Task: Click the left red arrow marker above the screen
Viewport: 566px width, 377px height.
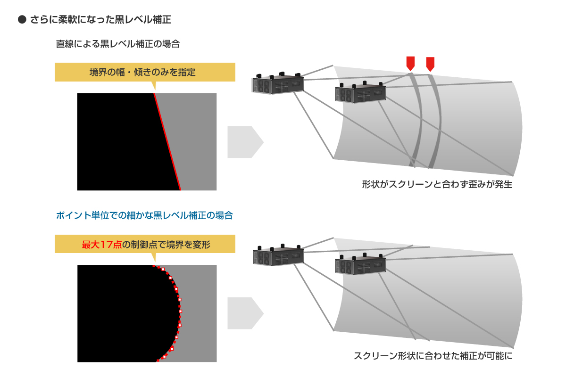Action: coord(410,63)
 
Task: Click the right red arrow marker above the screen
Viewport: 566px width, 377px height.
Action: coord(430,63)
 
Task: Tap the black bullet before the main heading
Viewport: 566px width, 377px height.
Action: coord(21,20)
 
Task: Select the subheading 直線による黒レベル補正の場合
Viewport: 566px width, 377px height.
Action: coord(117,44)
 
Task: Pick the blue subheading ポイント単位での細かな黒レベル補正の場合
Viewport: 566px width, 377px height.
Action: coord(144,216)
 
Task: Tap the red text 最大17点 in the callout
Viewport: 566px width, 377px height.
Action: coord(102,245)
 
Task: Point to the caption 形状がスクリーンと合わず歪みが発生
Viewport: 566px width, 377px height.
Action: coord(437,184)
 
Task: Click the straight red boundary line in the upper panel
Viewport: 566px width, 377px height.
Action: coord(167,141)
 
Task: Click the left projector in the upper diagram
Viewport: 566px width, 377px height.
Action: coord(277,84)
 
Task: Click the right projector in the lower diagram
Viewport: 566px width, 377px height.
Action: coord(359,265)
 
